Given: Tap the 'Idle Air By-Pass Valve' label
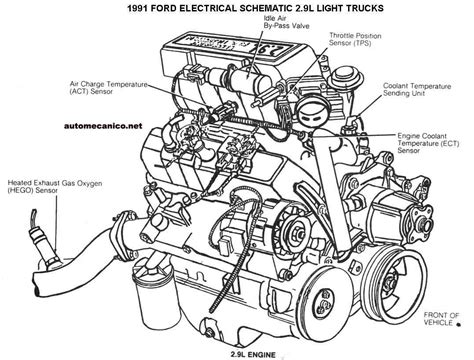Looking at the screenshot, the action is tap(286, 22).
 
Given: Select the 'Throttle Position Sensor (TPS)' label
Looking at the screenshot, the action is tap(355, 39).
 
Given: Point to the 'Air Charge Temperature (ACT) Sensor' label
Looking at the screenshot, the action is tap(109, 88).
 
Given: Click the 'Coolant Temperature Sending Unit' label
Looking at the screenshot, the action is tap(417, 90).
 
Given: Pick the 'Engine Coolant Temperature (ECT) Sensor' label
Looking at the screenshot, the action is tap(428, 143).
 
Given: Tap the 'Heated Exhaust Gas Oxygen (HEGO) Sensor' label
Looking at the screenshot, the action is tap(55, 187).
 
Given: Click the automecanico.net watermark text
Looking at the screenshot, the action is tap(103, 126).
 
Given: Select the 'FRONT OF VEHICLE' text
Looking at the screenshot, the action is tap(441, 319).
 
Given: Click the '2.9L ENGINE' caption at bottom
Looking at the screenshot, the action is tap(253, 355).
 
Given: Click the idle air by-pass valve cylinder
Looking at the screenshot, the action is tap(240, 79).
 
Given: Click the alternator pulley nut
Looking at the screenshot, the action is tap(297, 231).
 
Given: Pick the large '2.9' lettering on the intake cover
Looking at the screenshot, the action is tap(269, 49).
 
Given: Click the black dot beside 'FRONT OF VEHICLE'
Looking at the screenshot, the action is tap(459, 323).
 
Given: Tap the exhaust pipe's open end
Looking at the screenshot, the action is tap(36, 285).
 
